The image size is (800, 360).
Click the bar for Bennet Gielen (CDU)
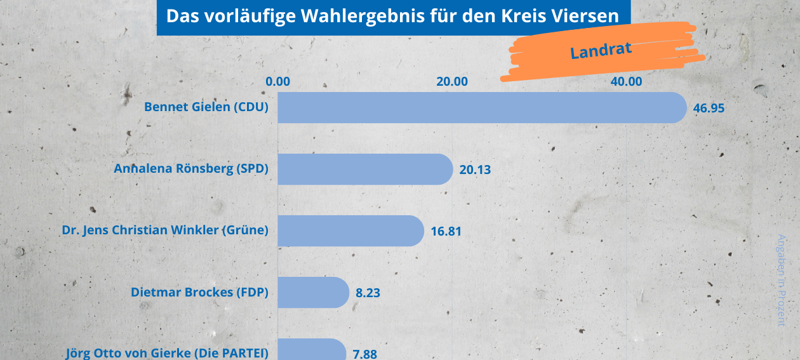coord(482,107)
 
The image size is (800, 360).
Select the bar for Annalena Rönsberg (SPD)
coord(365,169)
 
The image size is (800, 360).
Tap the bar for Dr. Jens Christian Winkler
coord(350,230)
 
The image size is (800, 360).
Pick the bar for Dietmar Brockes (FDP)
coord(313,292)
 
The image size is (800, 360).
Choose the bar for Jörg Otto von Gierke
coord(312,351)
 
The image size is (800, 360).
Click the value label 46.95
coord(709,108)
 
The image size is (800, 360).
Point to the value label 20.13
coord(475,170)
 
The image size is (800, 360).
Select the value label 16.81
coord(446,231)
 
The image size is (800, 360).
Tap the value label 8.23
coord(368,293)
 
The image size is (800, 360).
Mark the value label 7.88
coord(364,354)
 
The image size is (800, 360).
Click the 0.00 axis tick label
coord(278,81)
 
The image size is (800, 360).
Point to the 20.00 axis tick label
coord(452,81)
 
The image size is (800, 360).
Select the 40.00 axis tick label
coord(627,81)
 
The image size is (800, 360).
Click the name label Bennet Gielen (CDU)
coord(206,107)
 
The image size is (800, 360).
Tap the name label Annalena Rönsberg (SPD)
coord(191,169)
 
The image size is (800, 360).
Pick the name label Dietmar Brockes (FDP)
coord(199,293)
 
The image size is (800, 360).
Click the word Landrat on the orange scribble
coord(601,50)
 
